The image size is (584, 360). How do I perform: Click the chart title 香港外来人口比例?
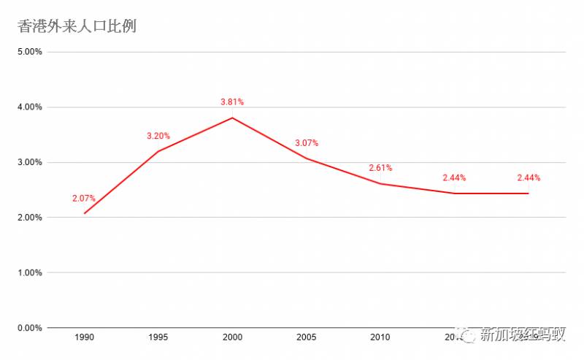point(77,26)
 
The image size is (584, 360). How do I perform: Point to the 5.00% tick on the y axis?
point(30,52)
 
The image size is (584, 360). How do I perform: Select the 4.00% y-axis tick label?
point(30,107)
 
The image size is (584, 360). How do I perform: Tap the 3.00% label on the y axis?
point(30,162)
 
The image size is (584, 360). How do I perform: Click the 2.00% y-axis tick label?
point(30,218)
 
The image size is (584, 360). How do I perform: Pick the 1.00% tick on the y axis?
point(30,273)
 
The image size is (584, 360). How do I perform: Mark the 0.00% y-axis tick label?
point(30,328)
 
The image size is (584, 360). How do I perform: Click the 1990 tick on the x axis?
point(84,338)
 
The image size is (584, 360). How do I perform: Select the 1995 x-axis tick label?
point(158,338)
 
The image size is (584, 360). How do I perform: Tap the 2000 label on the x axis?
point(232,338)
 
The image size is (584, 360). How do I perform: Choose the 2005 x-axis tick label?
point(307,338)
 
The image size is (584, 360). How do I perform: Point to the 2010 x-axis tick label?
point(380,338)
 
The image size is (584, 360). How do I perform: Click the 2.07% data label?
point(84,199)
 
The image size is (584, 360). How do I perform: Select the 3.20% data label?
point(158,136)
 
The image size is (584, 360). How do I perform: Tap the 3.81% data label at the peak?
point(232,102)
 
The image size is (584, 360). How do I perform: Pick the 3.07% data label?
point(307,143)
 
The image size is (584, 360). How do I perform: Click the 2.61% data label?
point(380,168)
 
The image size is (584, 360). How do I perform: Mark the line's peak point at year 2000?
point(232,118)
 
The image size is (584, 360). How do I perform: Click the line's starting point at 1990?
point(84,213)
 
